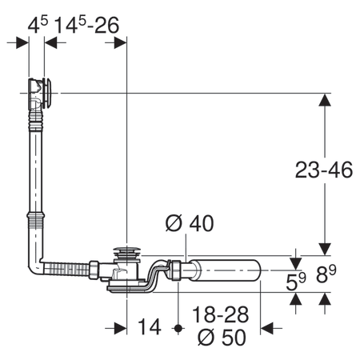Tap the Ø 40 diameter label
190,225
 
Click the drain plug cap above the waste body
127,254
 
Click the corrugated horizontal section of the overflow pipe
67,270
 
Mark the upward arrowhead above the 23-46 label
324,101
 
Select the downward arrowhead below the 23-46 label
324,246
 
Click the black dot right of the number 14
179,327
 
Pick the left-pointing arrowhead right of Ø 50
266,327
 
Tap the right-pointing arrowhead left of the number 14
120,327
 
